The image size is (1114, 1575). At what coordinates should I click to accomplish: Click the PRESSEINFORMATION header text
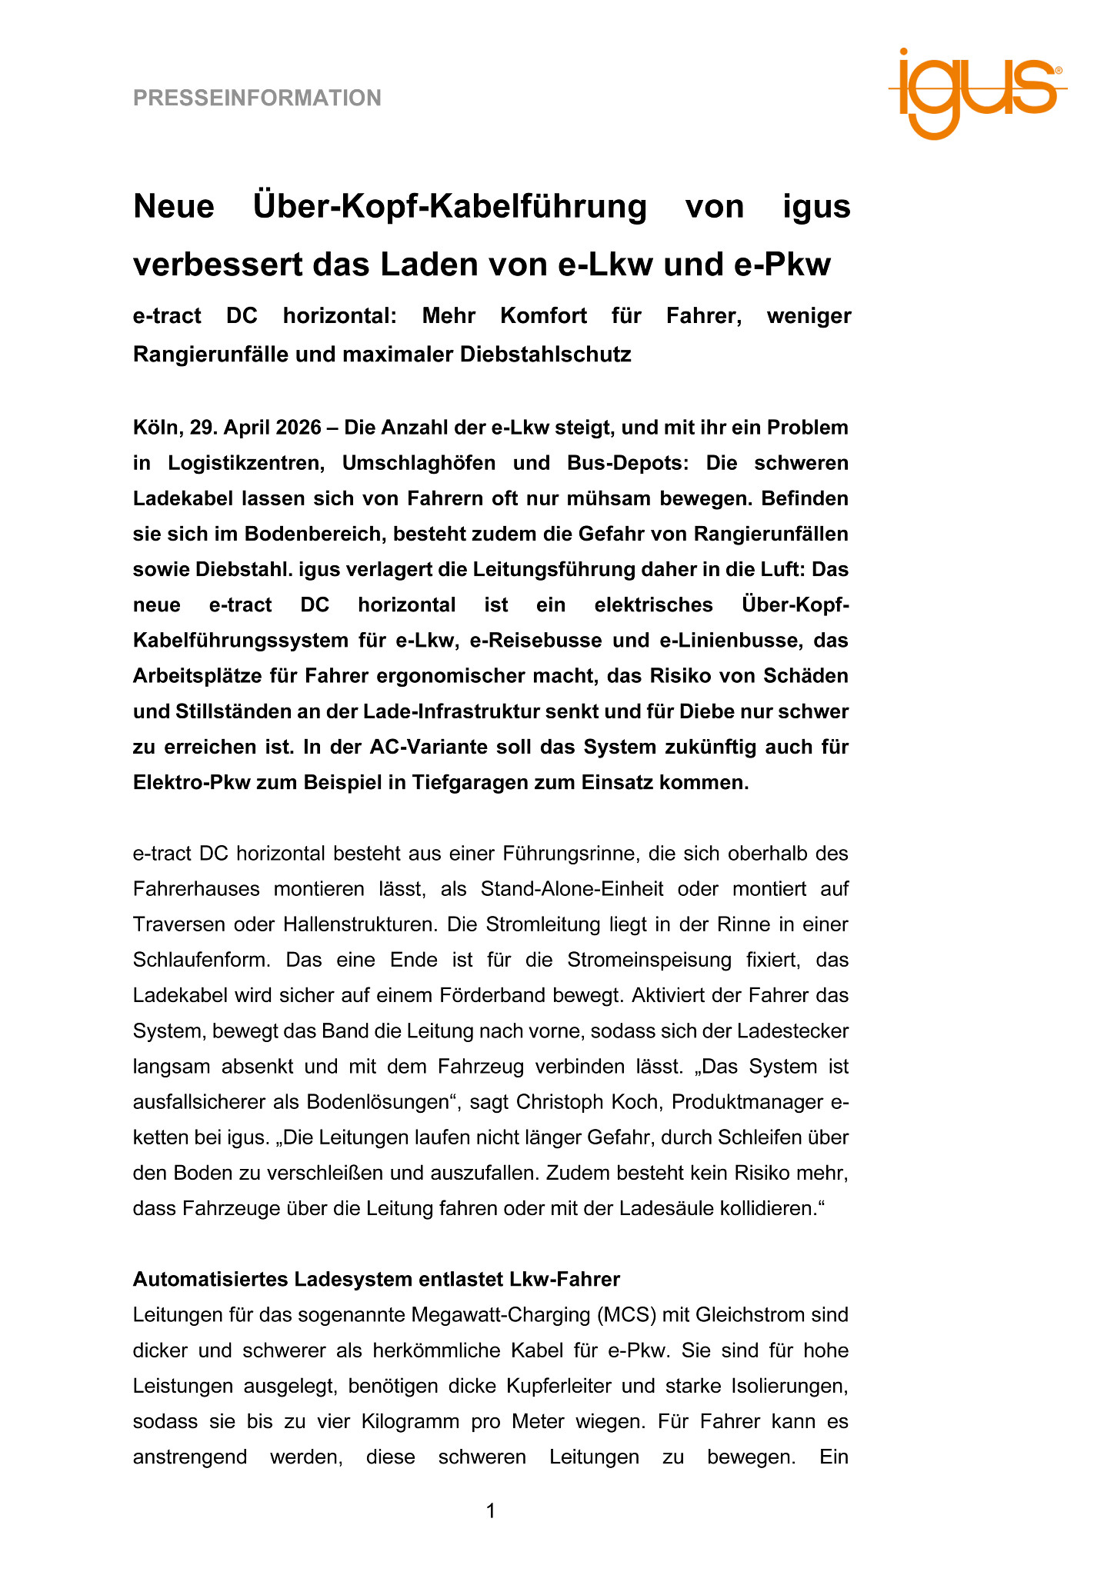[x=257, y=98]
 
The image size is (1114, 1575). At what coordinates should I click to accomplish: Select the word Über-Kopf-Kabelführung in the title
[x=449, y=206]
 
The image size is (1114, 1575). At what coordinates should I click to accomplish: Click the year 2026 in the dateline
[x=294, y=428]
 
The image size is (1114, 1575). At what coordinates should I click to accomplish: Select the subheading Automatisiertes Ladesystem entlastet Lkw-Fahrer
[x=376, y=1279]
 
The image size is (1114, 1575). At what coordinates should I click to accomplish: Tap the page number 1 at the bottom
[x=491, y=1511]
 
